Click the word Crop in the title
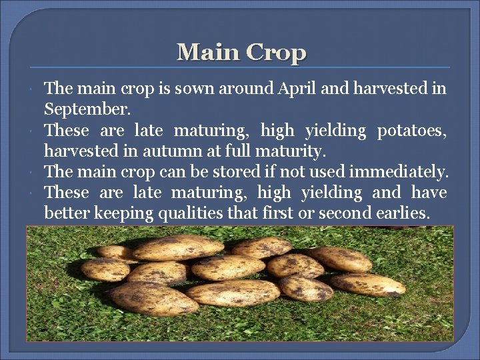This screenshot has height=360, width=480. [275, 53]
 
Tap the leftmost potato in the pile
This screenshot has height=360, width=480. [105, 269]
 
